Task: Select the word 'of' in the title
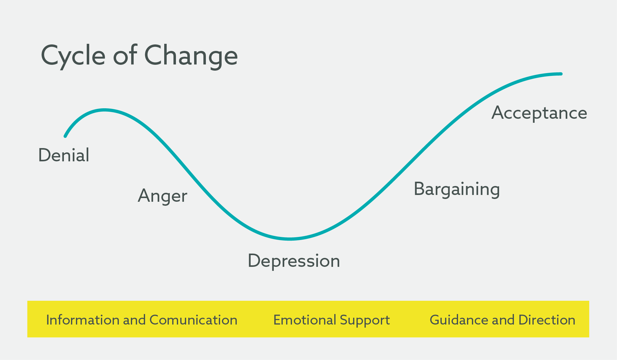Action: pyautogui.click(x=125, y=55)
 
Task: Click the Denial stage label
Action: pyautogui.click(x=64, y=155)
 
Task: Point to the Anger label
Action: pyautogui.click(x=163, y=196)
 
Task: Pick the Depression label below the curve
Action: pyautogui.click(x=294, y=261)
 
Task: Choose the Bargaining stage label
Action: pyautogui.click(x=457, y=189)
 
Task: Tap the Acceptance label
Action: pyautogui.click(x=539, y=113)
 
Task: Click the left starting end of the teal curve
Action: pyautogui.click(x=65, y=136)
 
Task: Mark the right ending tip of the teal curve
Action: pyautogui.click(x=561, y=74)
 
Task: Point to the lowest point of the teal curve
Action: pyautogui.click(x=290, y=239)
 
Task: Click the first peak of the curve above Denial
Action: pyautogui.click(x=105, y=110)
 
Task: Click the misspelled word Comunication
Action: pyautogui.click(x=194, y=320)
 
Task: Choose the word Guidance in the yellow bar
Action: pyautogui.click(x=459, y=320)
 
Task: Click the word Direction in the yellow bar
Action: pyautogui.click(x=547, y=320)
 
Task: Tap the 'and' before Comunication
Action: pyautogui.click(x=134, y=320)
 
